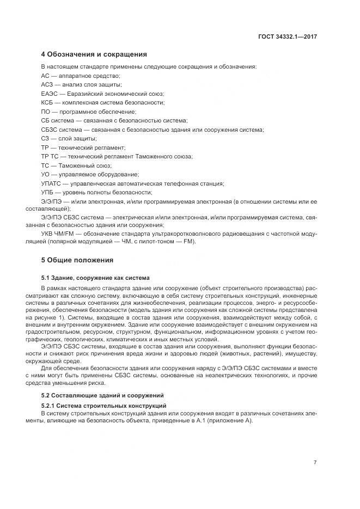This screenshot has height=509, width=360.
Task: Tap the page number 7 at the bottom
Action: [x=315, y=462]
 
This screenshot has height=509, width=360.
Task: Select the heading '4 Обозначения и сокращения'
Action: [x=94, y=54]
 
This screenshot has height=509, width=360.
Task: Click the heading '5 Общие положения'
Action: [x=77, y=260]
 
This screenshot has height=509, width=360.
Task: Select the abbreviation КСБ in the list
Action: [x=47, y=102]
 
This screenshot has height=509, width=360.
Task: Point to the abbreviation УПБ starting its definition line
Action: [x=48, y=192]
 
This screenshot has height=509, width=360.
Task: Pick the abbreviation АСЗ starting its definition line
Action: [x=47, y=85]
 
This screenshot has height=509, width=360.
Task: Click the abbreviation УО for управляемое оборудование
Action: [x=46, y=174]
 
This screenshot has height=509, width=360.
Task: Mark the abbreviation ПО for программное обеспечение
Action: [x=46, y=112]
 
